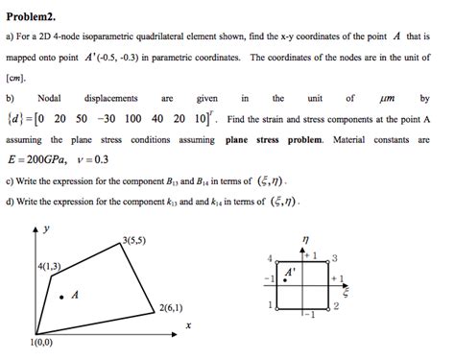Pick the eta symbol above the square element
pyautogui.click(x=304, y=240)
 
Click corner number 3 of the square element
pyautogui.click(x=334, y=257)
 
